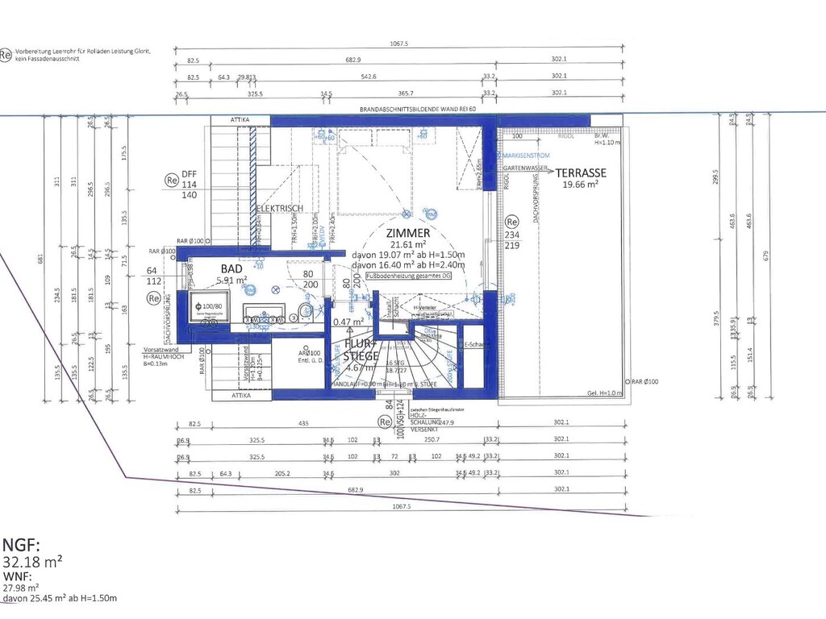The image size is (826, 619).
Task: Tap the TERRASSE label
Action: (580, 173)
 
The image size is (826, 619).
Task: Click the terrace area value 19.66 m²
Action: (580, 185)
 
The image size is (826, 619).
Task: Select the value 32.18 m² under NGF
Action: (33, 561)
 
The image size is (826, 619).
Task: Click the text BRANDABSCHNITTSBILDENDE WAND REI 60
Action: (416, 109)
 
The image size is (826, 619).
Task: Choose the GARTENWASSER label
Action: (525, 167)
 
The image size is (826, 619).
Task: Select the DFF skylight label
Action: (189, 174)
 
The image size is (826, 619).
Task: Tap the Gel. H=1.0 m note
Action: (605, 393)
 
